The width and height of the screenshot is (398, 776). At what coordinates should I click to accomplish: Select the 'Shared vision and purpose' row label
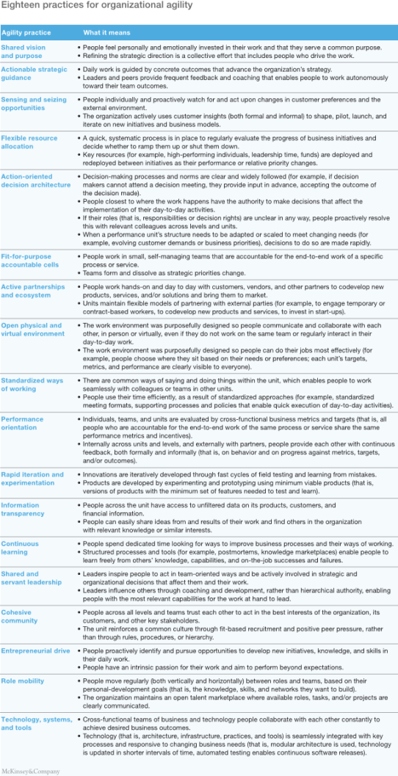[24, 51]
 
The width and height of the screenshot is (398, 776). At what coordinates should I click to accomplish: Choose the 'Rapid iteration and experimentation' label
[32, 479]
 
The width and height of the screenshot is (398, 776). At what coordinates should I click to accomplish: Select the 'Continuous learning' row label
[20, 548]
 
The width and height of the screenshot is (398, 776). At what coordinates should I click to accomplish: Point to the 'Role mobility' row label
[21, 681]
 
